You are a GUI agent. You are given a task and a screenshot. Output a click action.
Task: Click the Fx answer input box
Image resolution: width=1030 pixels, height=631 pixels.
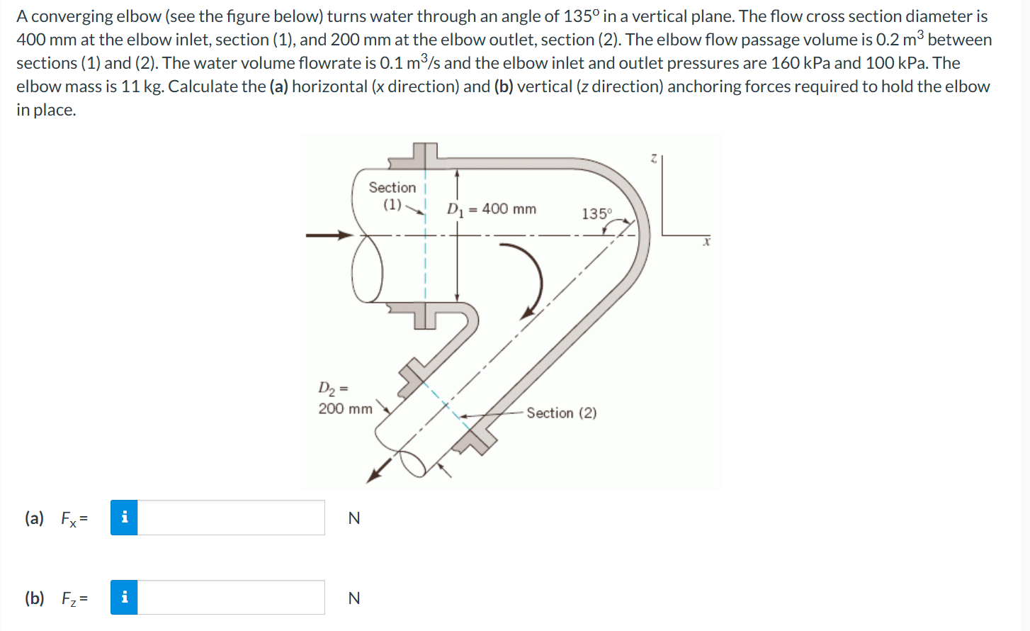(231, 518)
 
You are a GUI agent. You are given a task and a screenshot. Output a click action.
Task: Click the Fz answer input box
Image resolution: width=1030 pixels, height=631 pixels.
(231, 598)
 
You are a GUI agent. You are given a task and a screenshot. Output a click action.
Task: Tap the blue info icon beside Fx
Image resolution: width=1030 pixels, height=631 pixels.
(124, 518)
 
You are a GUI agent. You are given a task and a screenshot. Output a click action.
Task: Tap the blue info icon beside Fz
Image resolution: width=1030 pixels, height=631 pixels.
(124, 598)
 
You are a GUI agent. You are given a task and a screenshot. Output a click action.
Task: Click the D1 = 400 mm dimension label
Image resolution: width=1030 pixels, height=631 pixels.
(492, 209)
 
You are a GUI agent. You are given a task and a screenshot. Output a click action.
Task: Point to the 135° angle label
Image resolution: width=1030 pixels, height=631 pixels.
(596, 213)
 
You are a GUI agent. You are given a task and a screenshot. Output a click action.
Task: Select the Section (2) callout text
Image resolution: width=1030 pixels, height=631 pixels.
(561, 413)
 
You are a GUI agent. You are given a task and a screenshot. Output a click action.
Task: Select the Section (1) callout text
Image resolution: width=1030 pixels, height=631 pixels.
(392, 196)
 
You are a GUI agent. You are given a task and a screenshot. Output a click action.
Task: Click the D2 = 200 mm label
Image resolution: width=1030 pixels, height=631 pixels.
(344, 399)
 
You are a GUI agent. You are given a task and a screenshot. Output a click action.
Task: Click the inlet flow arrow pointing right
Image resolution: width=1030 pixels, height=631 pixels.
(329, 235)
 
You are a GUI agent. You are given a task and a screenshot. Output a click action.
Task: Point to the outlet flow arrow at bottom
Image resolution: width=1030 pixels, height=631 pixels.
(378, 470)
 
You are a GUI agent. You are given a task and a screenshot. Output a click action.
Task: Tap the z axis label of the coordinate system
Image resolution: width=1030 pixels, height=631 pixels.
(654, 160)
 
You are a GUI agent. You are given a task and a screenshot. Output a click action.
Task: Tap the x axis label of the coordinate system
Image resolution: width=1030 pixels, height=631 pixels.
(706, 242)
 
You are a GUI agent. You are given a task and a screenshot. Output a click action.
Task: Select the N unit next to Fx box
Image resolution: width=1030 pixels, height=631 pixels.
(354, 518)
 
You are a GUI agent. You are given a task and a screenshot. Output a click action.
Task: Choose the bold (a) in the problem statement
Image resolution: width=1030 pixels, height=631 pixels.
(278, 86)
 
